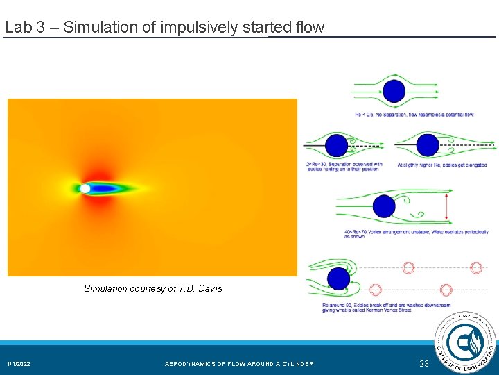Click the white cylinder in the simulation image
pos(85,188)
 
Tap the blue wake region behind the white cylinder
pos(107,188)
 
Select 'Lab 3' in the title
pos(21,28)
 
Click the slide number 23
pos(424,364)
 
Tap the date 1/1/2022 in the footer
pos(19,364)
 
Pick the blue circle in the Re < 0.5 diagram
pos(394,91)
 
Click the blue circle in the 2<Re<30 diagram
pos(337,144)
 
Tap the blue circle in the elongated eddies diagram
pos(428,144)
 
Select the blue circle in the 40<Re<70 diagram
pos(384,206)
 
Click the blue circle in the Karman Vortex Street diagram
pos(338,278)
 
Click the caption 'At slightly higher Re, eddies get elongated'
pos(442,165)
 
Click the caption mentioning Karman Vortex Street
pos(386,308)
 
